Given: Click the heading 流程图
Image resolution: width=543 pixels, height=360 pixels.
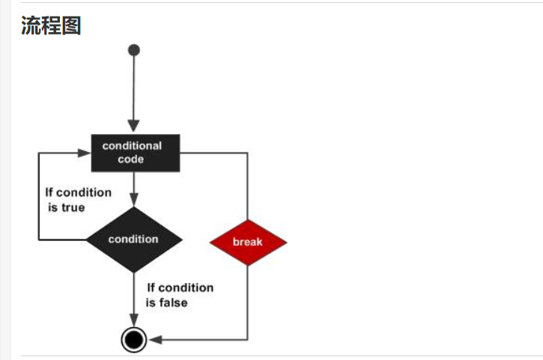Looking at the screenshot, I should pos(51,25).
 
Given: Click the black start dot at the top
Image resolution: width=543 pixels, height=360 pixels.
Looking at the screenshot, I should pos(134,50).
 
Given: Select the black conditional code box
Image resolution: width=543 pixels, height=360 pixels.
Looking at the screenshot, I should pos(134,152).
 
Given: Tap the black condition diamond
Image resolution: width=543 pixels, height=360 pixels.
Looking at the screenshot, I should pos(134,240).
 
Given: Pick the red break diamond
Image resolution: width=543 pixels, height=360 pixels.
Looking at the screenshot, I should pos(247,242).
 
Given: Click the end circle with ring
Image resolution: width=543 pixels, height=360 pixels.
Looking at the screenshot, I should pos(134,340).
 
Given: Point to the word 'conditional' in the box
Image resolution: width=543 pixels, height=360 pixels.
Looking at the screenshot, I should pos(132,145).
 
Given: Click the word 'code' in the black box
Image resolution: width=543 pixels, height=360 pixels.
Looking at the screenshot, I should pos(131,159).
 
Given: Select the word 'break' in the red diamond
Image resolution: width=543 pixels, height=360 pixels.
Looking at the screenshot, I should pos(247,242).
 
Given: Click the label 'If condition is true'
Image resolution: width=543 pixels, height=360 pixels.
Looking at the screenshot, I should pos(78,200).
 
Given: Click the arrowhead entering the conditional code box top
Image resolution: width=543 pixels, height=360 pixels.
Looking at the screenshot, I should pos(134,127).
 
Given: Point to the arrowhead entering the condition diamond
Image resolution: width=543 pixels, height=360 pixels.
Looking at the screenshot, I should pos(134,201).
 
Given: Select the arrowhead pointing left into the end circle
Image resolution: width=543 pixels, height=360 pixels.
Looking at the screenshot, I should pos(155,340).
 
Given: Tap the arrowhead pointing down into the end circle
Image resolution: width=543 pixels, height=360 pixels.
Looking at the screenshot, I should pos(134,321).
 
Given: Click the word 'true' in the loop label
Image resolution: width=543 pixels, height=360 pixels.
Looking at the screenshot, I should pos(72,207).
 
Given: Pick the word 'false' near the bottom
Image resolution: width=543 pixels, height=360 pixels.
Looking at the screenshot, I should pos(173,303).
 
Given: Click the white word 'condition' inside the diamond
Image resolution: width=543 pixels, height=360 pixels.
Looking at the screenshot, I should pos(133,240).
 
